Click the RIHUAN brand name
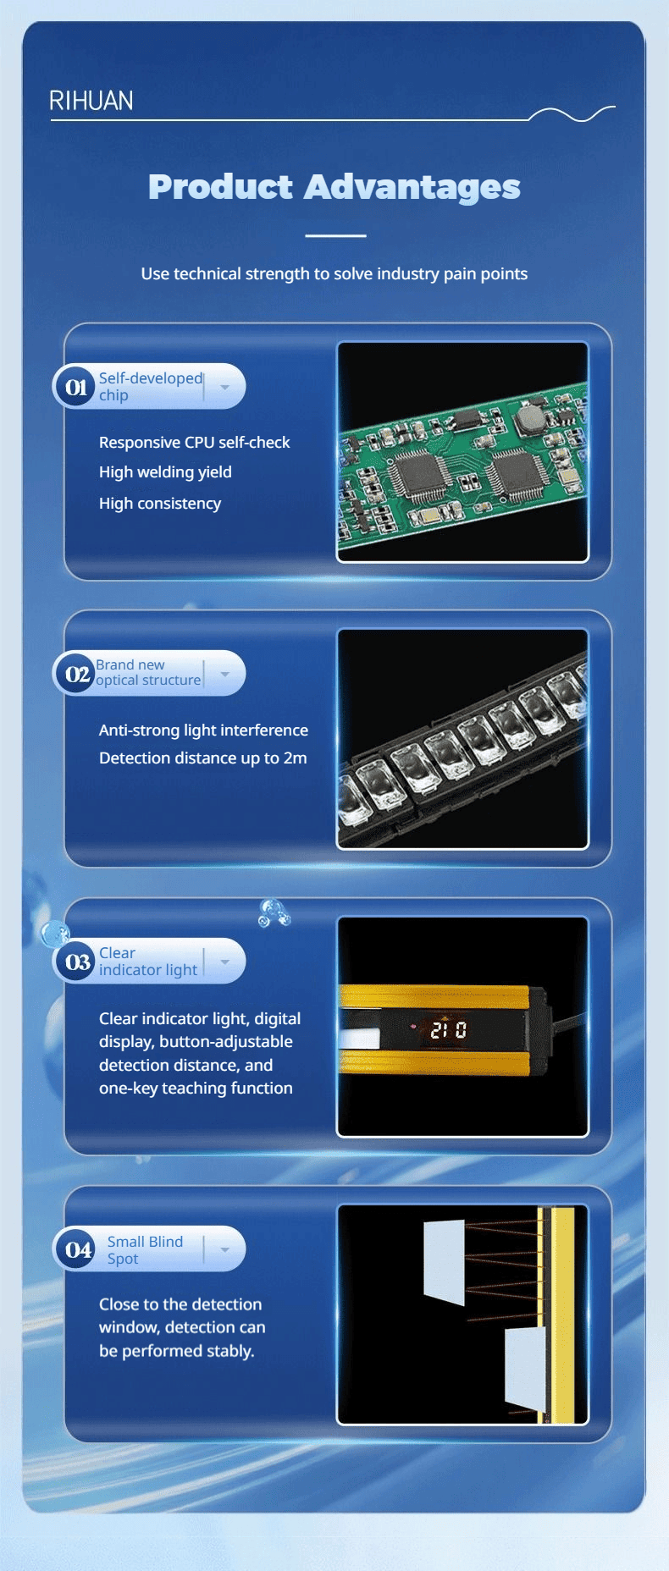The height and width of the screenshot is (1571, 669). pos(91,101)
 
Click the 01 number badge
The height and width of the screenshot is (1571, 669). pos(76,387)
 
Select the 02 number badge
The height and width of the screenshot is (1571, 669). pos(76,674)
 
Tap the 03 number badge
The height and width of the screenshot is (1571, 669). pos(76,962)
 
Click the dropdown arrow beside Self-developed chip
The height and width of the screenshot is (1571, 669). pos(224,387)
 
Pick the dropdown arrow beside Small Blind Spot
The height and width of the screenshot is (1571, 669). pos(224,1249)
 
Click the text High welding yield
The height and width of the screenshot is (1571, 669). pos(165,472)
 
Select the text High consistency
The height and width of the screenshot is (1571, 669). pos(160,503)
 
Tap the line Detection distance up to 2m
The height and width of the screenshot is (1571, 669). pos(203,758)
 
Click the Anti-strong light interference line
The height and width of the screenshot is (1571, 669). pos(203,730)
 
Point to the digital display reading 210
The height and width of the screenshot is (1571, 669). pos(448,1030)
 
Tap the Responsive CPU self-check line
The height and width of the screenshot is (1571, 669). pos(195,442)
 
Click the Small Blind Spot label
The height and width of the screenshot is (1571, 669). pos(145,1249)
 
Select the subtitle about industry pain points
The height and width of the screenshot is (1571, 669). pos(334,273)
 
